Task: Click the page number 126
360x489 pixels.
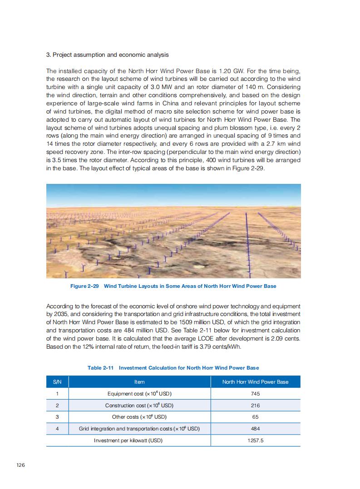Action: pyautogui.click(x=20, y=464)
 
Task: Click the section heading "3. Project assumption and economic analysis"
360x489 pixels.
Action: pyautogui.click(x=108, y=55)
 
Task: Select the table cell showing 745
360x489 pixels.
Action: pyautogui.click(x=255, y=394)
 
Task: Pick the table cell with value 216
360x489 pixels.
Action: pyautogui.click(x=255, y=405)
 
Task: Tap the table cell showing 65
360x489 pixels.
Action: pyautogui.click(x=255, y=417)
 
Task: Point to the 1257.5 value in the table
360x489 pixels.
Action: pyautogui.click(x=255, y=440)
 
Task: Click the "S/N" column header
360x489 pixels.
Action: pyautogui.click(x=57, y=382)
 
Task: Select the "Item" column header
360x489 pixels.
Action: pyautogui.click(x=139, y=382)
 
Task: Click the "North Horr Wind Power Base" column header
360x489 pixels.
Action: pyautogui.click(x=255, y=382)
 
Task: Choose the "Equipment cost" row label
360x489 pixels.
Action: pyautogui.click(x=139, y=394)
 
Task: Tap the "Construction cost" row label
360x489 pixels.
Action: pyautogui.click(x=139, y=405)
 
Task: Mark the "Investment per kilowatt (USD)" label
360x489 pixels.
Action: pyautogui.click(x=128, y=440)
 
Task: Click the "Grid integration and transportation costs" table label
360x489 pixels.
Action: pyautogui.click(x=139, y=429)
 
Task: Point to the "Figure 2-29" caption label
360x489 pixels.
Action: pyautogui.click(x=84, y=286)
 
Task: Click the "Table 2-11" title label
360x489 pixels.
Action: pyautogui.click(x=100, y=367)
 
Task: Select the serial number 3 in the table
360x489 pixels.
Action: pyautogui.click(x=57, y=417)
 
